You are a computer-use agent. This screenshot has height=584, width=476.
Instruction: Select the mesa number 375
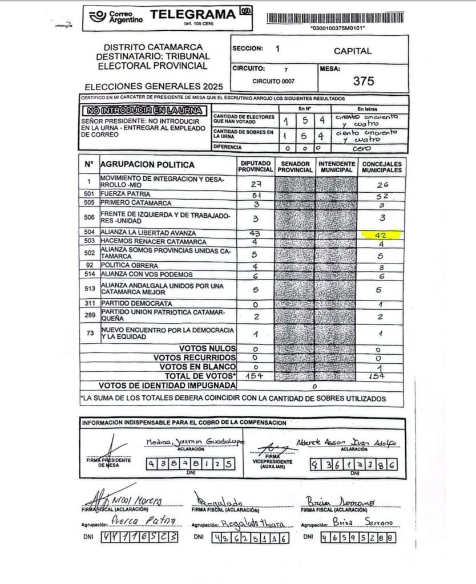[364, 80]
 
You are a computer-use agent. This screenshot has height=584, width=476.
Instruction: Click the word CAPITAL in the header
[353, 51]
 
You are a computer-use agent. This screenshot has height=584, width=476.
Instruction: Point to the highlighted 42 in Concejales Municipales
[382, 234]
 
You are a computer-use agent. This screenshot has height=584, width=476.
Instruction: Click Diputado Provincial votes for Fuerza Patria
[255, 194]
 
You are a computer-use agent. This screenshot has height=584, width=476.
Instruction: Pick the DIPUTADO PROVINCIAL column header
[255, 166]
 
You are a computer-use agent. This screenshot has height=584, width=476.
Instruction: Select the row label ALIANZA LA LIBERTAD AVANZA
[148, 233]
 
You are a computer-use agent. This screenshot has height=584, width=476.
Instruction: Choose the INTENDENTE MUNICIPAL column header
[336, 166]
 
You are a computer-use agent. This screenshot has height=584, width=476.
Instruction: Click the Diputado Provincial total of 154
[254, 376]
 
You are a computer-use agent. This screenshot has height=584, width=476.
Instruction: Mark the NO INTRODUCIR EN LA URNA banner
[145, 109]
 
